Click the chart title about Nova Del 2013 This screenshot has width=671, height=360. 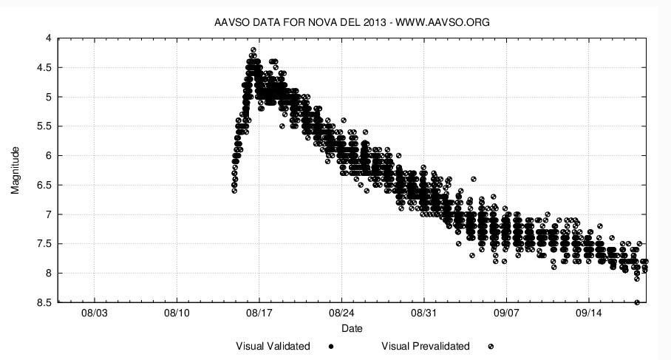[x=352, y=22]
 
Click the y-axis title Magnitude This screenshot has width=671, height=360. [x=16, y=170]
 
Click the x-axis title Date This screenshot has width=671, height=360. [x=352, y=328]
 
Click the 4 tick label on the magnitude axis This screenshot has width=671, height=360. [x=48, y=38]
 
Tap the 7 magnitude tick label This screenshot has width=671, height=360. [x=48, y=214]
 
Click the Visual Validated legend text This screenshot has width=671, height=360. [x=273, y=346]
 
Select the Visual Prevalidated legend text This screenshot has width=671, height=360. [x=425, y=346]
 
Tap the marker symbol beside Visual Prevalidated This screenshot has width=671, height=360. [x=491, y=346]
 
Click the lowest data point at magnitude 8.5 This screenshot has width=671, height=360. [x=637, y=302]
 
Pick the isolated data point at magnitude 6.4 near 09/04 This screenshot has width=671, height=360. [x=474, y=179]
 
